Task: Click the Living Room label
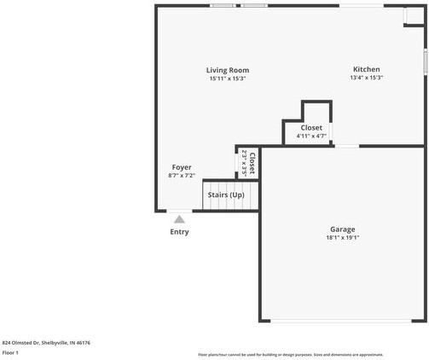(x=228, y=70)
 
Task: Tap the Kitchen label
(x=367, y=69)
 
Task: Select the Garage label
(x=343, y=229)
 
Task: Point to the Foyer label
(x=182, y=167)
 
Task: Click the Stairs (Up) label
(x=226, y=195)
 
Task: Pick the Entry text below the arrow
(x=179, y=232)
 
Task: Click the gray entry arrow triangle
(x=179, y=219)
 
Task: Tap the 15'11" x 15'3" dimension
(x=228, y=78)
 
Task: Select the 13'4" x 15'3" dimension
(x=367, y=78)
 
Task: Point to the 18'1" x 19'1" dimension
(x=343, y=237)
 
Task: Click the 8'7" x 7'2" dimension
(x=182, y=176)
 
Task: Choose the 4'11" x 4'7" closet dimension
(x=311, y=136)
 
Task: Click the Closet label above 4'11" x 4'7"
(x=311, y=127)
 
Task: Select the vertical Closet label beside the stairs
(x=252, y=162)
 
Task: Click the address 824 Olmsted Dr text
(x=46, y=342)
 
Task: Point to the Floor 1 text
(x=11, y=352)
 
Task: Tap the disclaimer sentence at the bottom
(x=290, y=354)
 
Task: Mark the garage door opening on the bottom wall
(x=343, y=321)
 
